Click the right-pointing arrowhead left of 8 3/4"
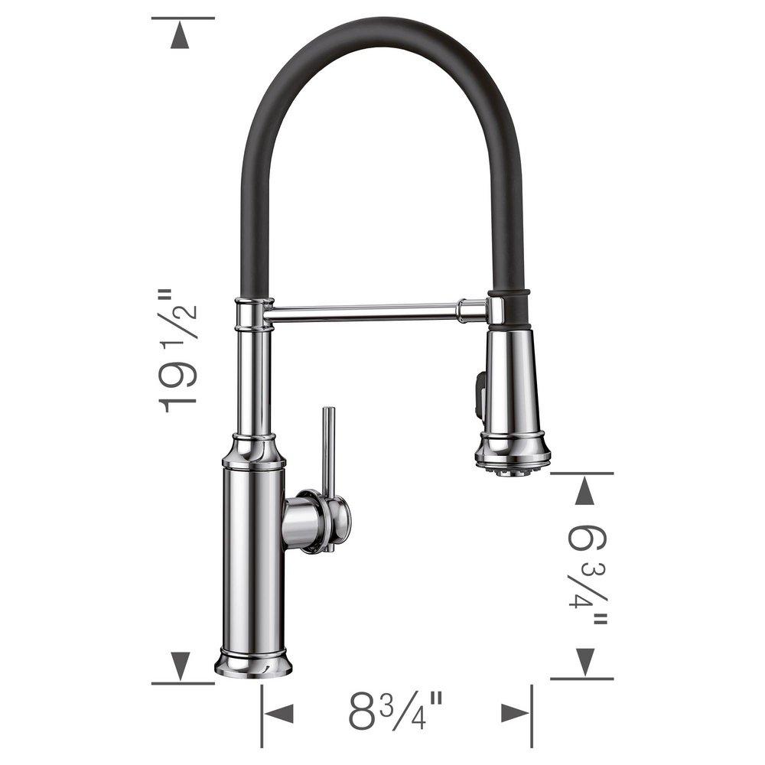coord(278,714)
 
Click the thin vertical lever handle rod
coord(327,451)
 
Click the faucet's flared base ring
coord(253,664)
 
